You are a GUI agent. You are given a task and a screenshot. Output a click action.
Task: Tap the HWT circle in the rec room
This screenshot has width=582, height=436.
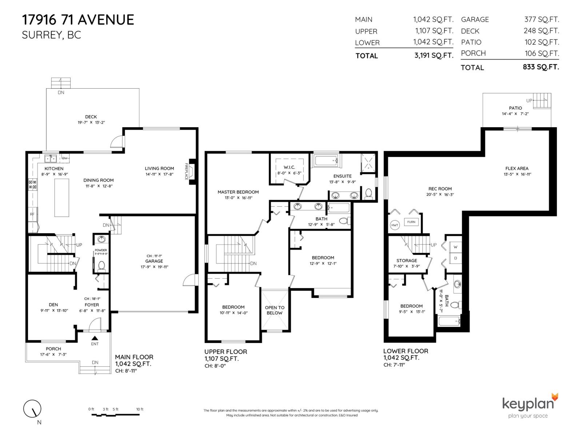pos(395,225)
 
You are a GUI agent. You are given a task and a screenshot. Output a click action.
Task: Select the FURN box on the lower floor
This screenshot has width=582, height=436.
pos(411,222)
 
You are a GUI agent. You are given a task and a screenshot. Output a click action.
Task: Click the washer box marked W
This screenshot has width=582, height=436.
pos(455,247)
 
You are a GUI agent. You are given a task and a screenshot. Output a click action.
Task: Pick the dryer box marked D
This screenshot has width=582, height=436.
pos(455,258)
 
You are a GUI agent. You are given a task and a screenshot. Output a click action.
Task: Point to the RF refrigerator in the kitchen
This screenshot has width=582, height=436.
pos(32,214)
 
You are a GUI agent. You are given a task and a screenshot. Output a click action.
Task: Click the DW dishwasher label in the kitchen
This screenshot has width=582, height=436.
pos(64,158)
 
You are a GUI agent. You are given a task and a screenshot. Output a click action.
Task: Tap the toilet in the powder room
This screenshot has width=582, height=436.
pos(101,266)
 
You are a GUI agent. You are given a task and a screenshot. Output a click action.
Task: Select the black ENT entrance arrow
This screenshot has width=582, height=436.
pos(95,338)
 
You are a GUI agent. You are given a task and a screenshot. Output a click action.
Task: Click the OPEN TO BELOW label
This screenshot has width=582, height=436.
pos(275,310)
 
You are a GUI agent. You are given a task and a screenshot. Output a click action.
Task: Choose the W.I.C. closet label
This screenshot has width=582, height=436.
pos(289,167)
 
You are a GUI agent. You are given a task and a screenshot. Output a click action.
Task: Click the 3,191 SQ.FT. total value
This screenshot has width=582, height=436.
pos(433,56)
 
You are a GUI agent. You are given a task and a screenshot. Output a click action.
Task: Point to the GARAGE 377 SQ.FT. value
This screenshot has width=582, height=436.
pos(541,20)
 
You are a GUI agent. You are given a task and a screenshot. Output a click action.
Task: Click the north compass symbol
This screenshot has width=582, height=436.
pos(32,409)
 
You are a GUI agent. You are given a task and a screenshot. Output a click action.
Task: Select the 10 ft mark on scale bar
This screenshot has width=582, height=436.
pos(140,409)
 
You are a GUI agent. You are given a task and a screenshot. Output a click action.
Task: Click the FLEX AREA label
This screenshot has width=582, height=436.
pos(517,168)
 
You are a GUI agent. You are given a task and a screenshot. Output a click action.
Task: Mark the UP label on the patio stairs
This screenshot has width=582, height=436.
pos(529,101)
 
